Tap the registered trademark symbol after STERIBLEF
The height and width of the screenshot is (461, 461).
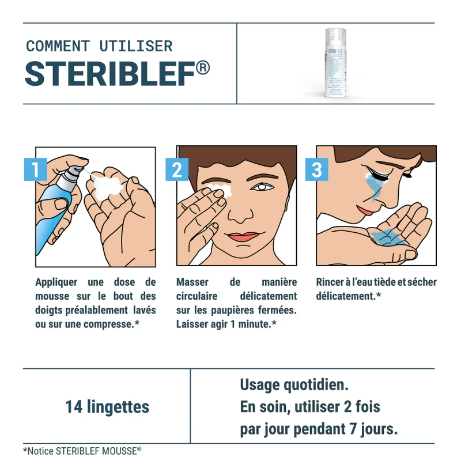click(x=202, y=67)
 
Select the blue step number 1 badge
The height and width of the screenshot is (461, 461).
click(x=35, y=169)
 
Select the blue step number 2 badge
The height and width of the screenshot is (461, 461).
click(x=177, y=169)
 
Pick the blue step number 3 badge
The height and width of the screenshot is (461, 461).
click(x=317, y=169)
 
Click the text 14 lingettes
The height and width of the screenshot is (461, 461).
click(x=107, y=407)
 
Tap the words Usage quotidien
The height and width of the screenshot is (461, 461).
click(x=294, y=384)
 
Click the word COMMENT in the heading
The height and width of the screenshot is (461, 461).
click(x=58, y=46)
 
